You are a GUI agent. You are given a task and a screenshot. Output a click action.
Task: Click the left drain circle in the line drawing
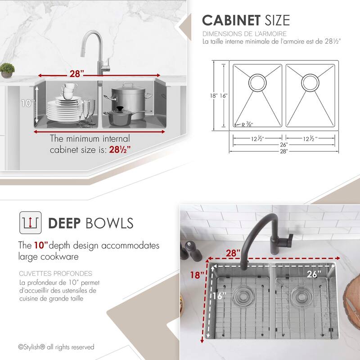click(x=257, y=82)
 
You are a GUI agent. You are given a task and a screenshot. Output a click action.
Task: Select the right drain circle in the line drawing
click(x=310, y=82)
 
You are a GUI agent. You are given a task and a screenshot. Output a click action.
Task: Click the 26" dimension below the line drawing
click(x=283, y=145)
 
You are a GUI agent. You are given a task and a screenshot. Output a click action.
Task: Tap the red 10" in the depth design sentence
click(x=40, y=246)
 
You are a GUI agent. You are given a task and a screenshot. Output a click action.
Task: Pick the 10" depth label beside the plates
click(x=27, y=103)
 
